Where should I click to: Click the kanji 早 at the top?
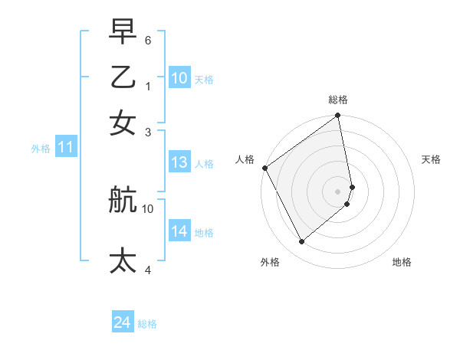click(x=123, y=31)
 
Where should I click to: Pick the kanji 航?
click(x=123, y=200)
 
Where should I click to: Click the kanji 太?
click(x=123, y=260)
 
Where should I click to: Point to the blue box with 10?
click(x=179, y=78)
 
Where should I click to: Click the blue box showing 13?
click(x=179, y=162)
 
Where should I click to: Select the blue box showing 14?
click(x=179, y=231)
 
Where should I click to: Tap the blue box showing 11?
click(x=65, y=148)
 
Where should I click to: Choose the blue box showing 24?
click(x=123, y=323)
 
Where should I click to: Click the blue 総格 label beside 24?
click(x=147, y=324)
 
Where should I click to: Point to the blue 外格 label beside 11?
click(x=40, y=149)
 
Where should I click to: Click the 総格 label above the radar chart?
click(x=338, y=100)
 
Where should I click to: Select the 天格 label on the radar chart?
click(x=432, y=159)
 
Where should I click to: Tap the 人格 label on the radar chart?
click(x=245, y=159)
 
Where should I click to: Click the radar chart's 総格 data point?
click(x=338, y=116)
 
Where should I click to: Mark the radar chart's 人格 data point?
click(x=264, y=168)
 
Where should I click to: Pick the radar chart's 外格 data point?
click(x=301, y=242)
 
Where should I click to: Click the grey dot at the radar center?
click(x=338, y=191)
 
